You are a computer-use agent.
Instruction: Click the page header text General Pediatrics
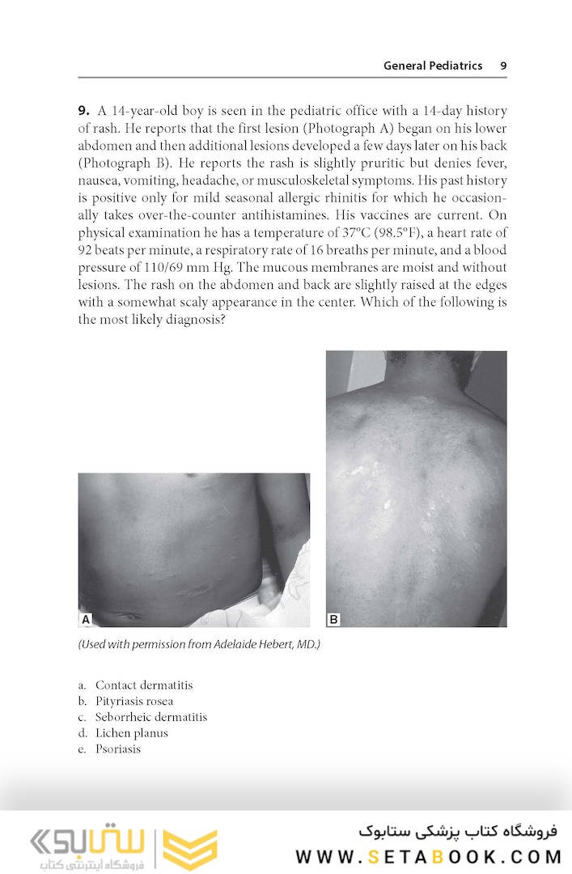(432, 66)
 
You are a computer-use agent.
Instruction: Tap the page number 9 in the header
(503, 66)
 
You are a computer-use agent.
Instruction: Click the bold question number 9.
(83, 111)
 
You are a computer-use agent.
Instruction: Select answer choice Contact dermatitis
(143, 685)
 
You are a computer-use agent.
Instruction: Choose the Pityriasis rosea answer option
(133, 702)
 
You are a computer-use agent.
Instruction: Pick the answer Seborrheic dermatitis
(150, 717)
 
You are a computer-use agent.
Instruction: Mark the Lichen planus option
(131, 733)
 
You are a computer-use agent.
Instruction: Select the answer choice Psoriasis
(117, 749)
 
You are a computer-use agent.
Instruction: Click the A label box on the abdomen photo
(86, 619)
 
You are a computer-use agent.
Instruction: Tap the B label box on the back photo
(333, 619)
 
